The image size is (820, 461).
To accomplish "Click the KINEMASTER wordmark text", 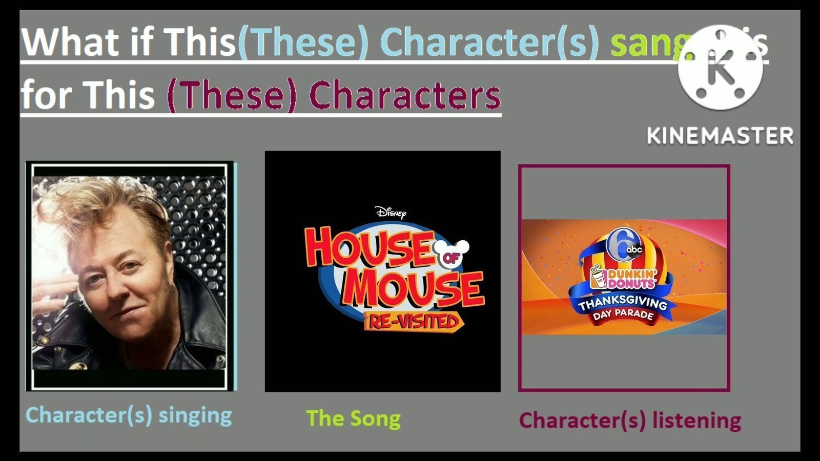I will [720, 136].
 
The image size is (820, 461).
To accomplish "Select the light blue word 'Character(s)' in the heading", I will [489, 42].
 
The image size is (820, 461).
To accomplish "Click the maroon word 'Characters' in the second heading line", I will [405, 95].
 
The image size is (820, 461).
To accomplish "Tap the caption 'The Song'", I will [353, 418].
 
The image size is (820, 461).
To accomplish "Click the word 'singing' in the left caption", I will [195, 415].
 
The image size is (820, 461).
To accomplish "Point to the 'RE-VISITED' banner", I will [413, 322].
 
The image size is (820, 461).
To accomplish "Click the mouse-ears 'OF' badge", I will [451, 255].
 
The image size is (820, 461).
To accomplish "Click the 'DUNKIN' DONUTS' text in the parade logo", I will [630, 279].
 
